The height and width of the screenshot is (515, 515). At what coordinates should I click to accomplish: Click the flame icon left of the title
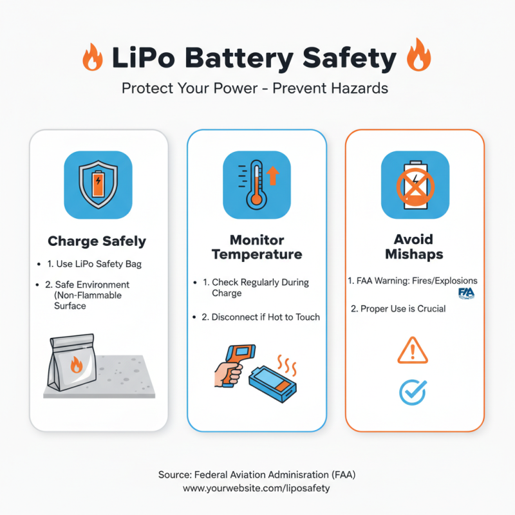pos(93,57)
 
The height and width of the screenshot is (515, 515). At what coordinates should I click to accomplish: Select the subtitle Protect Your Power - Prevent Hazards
pos(256,88)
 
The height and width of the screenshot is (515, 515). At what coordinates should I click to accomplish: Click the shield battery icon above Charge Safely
pos(98,184)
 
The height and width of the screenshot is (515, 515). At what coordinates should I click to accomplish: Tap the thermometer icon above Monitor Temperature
pos(257,184)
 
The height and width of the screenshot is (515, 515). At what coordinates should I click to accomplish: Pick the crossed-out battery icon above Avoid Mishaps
pos(415,184)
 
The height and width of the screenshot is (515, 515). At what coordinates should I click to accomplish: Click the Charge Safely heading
pos(97,242)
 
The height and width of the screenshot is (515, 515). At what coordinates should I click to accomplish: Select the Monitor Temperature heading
pos(257,247)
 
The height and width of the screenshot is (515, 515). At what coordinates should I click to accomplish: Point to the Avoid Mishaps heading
pos(415,247)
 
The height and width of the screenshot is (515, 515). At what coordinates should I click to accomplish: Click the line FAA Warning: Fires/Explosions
pos(413,281)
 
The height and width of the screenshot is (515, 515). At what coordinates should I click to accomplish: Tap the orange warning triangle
pos(412,351)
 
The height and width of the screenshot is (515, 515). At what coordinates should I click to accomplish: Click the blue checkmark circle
pos(413,391)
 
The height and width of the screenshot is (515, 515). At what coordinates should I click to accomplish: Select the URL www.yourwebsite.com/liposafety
pos(257,489)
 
